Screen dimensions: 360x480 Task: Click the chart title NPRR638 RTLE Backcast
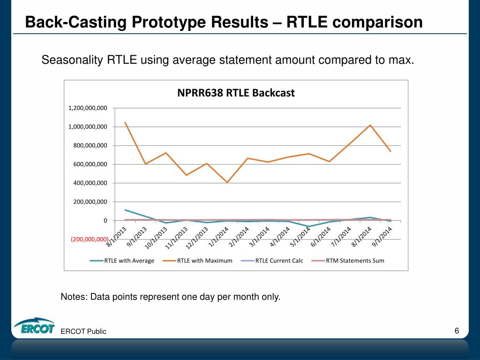point(236,93)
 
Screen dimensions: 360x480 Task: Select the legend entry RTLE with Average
point(129,261)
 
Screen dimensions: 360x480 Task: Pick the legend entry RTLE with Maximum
point(204,261)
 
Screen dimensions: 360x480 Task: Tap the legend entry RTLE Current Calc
point(279,261)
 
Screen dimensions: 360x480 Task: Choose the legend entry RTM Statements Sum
point(355,261)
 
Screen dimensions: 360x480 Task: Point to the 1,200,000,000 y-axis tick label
point(88,108)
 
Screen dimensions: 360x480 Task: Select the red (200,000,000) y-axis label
point(90,239)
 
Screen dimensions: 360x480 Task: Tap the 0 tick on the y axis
point(105,221)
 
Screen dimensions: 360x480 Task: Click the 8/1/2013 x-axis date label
point(117,236)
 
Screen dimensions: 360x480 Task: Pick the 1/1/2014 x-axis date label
point(218,236)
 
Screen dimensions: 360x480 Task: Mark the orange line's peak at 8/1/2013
point(126,123)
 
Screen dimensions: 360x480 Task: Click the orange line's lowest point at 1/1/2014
point(227,182)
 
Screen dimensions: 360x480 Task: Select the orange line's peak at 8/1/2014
point(370,125)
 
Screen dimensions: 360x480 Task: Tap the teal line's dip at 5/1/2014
point(308,226)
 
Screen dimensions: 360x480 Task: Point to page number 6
point(457,331)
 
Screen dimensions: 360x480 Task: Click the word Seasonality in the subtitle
point(73,60)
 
